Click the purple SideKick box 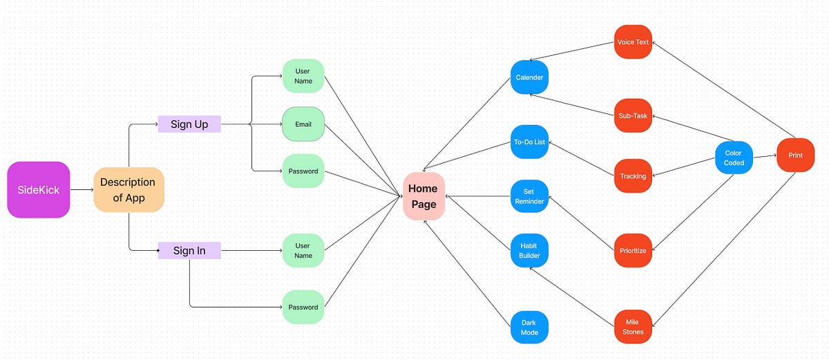(x=39, y=189)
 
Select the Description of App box (x=128, y=189)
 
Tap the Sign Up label (x=189, y=124)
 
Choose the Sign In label (x=189, y=250)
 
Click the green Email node (x=303, y=124)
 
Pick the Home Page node (x=423, y=196)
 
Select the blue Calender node (x=529, y=77)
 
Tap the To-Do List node (x=529, y=142)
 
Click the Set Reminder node (x=529, y=196)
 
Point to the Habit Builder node (x=529, y=250)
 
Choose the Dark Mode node (x=529, y=327)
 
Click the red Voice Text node (x=633, y=42)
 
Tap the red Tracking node (x=633, y=176)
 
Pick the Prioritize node (x=633, y=250)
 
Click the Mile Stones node (x=633, y=327)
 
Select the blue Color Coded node (x=734, y=158)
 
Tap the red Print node (x=795, y=155)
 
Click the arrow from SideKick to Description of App (x=82, y=189)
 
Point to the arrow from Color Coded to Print (x=764, y=157)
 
